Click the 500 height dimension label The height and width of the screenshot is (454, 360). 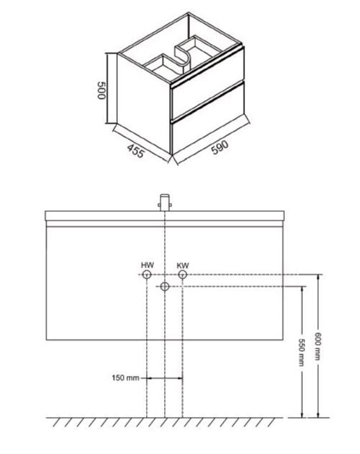101,90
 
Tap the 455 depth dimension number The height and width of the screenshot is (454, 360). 135,151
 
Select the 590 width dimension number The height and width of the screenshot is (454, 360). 220,147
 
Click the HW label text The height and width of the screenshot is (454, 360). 147,265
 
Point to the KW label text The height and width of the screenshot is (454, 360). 183,265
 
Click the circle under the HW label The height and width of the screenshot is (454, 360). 147,275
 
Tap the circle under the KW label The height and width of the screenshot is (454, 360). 182,275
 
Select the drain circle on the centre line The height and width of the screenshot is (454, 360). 165,287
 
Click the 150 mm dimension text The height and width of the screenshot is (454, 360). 125,378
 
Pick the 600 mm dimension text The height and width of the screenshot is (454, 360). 318,346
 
